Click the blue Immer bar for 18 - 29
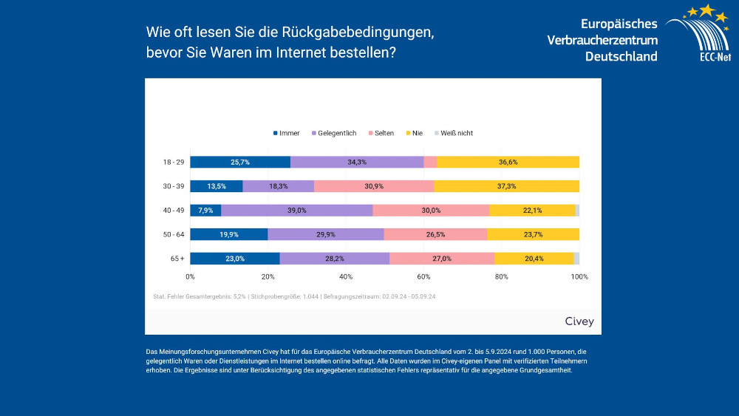point(240,162)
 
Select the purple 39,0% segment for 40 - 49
point(297,210)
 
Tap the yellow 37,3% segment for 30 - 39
point(506,186)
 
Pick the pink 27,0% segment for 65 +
point(442,259)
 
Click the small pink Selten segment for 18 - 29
point(430,162)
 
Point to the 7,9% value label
point(205,210)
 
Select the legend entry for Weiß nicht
point(456,133)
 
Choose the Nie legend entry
point(417,133)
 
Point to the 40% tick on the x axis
point(346,276)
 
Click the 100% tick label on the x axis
point(579,276)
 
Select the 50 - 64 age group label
point(174,234)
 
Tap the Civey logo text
point(579,321)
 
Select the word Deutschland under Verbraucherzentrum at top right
point(621,57)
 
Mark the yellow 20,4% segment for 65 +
point(534,259)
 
